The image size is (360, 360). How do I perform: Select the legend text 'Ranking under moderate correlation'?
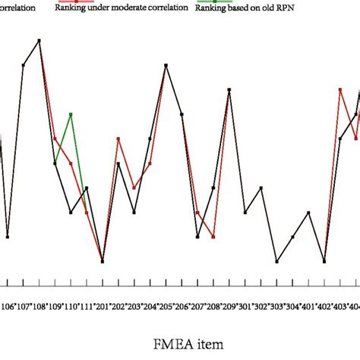tap(122, 17)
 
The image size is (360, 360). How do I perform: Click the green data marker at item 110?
tap(71, 114)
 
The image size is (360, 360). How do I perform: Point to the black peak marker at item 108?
tap(39, 40)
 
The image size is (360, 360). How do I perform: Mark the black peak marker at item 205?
tap(166, 65)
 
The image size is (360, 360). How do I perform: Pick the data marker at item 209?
tap(229, 90)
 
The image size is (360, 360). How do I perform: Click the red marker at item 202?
tap(118, 138)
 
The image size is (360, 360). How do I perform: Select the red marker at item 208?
tap(213, 237)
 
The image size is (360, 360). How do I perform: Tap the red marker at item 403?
tap(340, 90)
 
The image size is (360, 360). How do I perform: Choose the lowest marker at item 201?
tap(103, 261)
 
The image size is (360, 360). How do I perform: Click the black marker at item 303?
tap(276, 261)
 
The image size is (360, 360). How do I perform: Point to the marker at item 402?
tap(324, 261)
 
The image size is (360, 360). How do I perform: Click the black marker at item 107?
tap(24, 65)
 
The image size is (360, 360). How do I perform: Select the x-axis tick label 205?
tap(166, 307)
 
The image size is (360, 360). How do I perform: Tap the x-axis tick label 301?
tap(245, 307)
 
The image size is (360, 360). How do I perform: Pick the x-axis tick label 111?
tap(87, 307)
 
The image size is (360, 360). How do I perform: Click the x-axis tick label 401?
tap(308, 307)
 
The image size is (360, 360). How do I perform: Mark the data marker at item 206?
tap(182, 114)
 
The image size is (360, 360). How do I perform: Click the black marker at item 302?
tap(261, 188)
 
